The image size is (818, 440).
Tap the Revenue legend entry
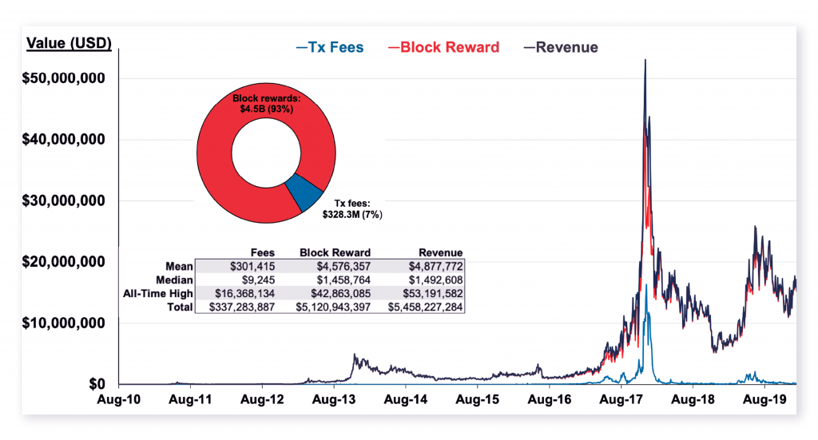560,47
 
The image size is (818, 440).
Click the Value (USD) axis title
69,42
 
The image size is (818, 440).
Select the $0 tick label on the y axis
96,385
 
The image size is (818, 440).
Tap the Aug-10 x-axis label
118,398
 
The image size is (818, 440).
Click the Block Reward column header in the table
335,252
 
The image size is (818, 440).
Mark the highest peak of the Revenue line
645,60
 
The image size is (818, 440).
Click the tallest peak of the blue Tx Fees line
646,285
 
